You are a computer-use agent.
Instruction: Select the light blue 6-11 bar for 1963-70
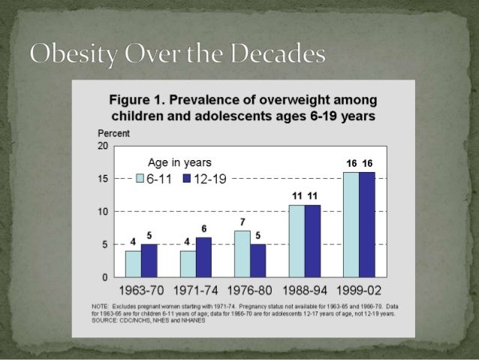(133, 263)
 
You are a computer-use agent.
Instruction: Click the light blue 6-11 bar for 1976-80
(242, 254)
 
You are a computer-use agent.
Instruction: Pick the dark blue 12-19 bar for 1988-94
(312, 241)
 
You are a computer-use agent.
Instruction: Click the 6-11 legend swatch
(140, 179)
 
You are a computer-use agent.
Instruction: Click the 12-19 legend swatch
(187, 179)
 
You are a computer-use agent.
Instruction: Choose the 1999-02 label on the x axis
(359, 290)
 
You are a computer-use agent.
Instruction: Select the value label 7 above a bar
(243, 222)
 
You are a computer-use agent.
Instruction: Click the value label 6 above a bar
(203, 228)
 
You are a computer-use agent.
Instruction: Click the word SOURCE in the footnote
(106, 322)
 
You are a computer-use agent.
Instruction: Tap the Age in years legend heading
(179, 162)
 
